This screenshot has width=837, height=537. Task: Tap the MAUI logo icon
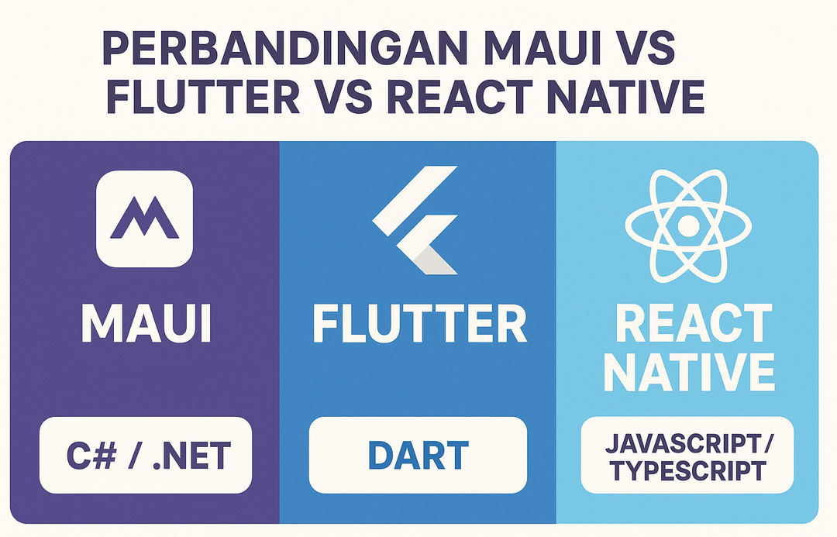click(145, 219)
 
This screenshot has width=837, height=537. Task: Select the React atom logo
click(687, 225)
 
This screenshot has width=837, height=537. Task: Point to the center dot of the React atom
click(687, 225)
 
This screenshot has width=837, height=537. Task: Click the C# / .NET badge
click(146, 455)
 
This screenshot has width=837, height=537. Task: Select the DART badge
click(418, 455)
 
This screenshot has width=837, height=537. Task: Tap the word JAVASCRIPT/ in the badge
click(688, 443)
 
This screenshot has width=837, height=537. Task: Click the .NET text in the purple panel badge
click(194, 455)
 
